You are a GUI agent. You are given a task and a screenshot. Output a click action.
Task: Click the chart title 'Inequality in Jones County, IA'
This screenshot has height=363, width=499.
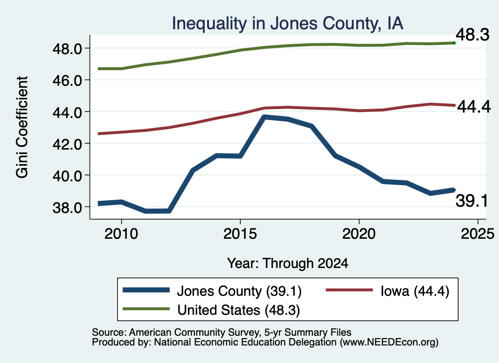coord(288,23)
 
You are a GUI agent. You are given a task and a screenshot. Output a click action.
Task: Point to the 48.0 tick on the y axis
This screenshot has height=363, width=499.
coord(67,49)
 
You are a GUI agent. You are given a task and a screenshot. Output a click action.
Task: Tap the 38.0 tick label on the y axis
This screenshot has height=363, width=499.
coord(67,208)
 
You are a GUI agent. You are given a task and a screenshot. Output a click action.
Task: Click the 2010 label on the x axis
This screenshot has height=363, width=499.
coord(121,234)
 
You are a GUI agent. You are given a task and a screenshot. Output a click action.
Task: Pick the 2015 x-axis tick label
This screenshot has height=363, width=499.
coord(240,234)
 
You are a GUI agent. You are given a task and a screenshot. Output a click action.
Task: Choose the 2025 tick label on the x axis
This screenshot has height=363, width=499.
coord(478,234)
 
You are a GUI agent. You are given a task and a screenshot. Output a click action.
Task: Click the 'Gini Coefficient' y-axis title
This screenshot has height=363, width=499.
coord(22,127)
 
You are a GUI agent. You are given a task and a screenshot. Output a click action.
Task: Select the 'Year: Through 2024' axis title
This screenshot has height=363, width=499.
coord(288,264)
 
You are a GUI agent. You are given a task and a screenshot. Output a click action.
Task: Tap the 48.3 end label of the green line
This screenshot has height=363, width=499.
coord(473,35)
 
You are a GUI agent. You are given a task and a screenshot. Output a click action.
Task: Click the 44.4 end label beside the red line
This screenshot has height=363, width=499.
coord(474,107)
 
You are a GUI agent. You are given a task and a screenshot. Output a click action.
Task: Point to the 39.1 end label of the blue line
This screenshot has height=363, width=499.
coord(472,201)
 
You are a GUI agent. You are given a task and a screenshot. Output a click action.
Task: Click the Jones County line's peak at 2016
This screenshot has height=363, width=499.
coord(264,117)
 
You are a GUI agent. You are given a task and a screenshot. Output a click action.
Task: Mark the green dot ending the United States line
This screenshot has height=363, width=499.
coord(454,43)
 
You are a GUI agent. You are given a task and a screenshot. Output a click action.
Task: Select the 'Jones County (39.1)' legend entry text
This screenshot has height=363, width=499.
coord(239,291)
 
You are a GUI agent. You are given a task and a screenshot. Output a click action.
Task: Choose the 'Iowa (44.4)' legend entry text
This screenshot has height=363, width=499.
coord(415,291)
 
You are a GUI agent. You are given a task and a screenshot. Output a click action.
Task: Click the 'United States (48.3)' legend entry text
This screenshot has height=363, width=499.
coord(239,310)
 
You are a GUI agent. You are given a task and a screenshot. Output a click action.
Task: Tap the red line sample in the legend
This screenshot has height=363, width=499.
coord(349,290)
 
